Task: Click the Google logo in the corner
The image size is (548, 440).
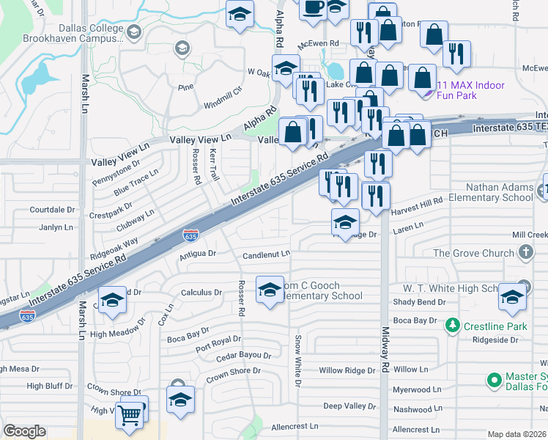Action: pos(25,431)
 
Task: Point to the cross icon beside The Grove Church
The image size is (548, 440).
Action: pos(525,253)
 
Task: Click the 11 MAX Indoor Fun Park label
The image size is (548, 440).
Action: pos(470,90)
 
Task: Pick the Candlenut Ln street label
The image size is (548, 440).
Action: pos(267,254)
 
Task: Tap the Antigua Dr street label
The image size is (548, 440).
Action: pos(198,254)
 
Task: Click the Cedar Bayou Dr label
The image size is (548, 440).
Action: pos(244,357)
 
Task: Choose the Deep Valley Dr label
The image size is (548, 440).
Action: pos(349,406)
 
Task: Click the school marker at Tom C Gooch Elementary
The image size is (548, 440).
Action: pos(270,291)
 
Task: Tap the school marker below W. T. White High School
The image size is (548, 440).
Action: pos(512,298)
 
